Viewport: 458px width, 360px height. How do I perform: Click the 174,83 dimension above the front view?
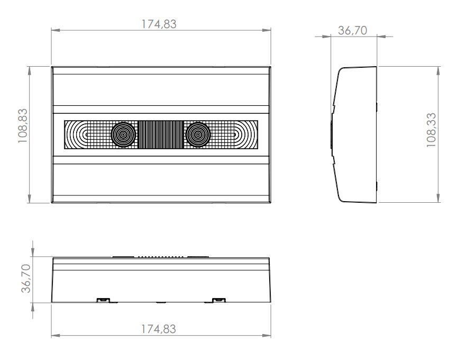click(159, 24)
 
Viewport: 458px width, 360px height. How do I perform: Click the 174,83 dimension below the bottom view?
click(159, 329)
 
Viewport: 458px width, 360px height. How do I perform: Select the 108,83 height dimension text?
click(23, 126)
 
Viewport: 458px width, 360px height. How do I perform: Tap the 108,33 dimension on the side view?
click(431, 130)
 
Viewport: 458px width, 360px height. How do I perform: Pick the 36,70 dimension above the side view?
click(353, 30)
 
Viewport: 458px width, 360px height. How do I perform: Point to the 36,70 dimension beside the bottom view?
click(26, 278)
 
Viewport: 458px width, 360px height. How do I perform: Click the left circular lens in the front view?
click(123, 135)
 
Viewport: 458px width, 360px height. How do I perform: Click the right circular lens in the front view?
click(198, 135)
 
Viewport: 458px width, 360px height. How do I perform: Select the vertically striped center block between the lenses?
click(161, 135)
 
